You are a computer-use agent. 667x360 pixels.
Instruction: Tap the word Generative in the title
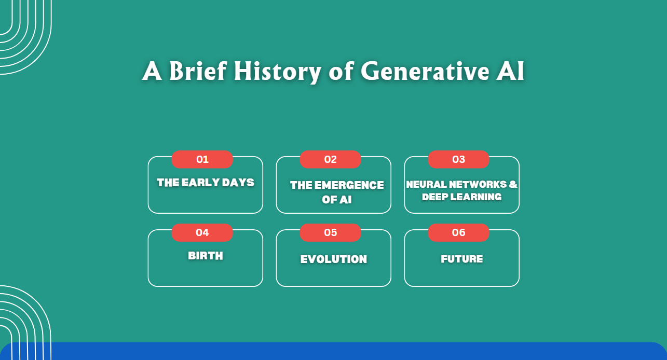pyautogui.click(x=421, y=71)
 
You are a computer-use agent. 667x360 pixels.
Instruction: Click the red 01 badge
pyautogui.click(x=202, y=159)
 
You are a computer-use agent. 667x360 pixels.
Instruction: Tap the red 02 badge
pyautogui.click(x=331, y=159)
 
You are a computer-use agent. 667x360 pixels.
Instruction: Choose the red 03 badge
pyautogui.click(x=459, y=159)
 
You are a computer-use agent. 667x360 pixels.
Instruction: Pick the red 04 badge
pyautogui.click(x=202, y=232)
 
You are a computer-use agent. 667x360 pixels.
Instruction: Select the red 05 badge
pyautogui.click(x=331, y=232)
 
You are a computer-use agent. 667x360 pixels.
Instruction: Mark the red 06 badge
pyautogui.click(x=459, y=232)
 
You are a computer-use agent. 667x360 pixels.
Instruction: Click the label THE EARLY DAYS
pyautogui.click(x=206, y=183)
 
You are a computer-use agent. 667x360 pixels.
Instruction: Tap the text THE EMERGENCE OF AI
pyautogui.click(x=337, y=192)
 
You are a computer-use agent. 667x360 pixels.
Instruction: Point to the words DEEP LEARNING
pyautogui.click(x=462, y=197)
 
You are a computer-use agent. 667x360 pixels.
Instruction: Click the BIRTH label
pyautogui.click(x=206, y=256)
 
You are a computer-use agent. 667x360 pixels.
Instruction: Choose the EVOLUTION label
pyautogui.click(x=334, y=259)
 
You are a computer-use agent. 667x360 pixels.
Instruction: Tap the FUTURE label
pyautogui.click(x=462, y=259)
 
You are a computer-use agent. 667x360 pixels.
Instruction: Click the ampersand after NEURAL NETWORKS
pyautogui.click(x=513, y=185)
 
